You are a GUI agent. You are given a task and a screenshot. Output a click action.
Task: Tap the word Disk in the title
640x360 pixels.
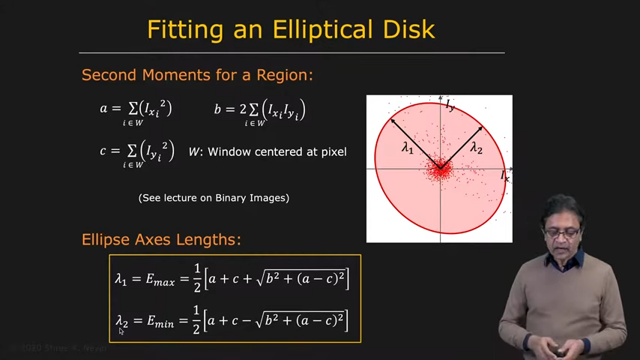pyautogui.click(x=408, y=29)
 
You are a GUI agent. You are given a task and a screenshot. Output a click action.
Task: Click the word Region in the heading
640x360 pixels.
pyautogui.click(x=284, y=75)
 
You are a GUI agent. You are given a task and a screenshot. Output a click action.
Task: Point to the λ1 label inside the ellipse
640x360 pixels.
pyautogui.click(x=408, y=147)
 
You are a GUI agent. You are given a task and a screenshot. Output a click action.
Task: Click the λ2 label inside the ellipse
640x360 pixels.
pyautogui.click(x=476, y=147)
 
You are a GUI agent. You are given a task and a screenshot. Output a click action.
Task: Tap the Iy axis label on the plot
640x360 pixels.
pyautogui.click(x=450, y=105)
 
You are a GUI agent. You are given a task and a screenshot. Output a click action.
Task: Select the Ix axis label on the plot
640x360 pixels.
pyautogui.click(x=505, y=176)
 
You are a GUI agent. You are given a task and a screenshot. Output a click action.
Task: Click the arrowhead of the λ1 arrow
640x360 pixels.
pyautogui.click(x=393, y=121)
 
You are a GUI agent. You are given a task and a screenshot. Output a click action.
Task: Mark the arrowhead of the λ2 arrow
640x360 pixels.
pyautogui.click(x=480, y=129)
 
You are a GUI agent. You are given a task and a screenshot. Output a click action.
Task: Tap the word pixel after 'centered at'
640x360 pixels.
pyautogui.click(x=333, y=152)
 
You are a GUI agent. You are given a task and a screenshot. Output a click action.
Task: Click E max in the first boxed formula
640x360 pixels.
pyautogui.click(x=160, y=280)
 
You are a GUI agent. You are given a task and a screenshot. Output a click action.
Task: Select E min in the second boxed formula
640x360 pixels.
pyautogui.click(x=160, y=322)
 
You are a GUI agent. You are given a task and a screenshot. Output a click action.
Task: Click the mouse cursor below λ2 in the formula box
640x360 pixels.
pyautogui.click(x=121, y=331)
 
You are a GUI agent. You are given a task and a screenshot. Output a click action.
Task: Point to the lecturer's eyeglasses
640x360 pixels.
pyautogui.click(x=564, y=233)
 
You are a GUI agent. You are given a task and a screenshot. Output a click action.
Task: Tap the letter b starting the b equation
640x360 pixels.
pyautogui.click(x=217, y=109)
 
